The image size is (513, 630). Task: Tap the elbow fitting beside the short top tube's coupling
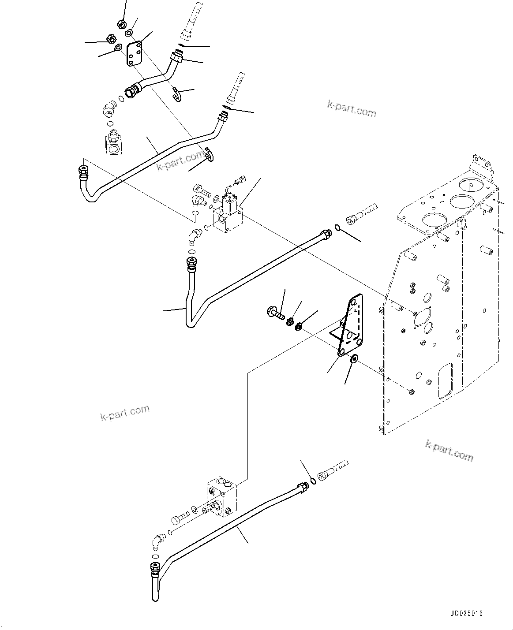pos(109,109)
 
